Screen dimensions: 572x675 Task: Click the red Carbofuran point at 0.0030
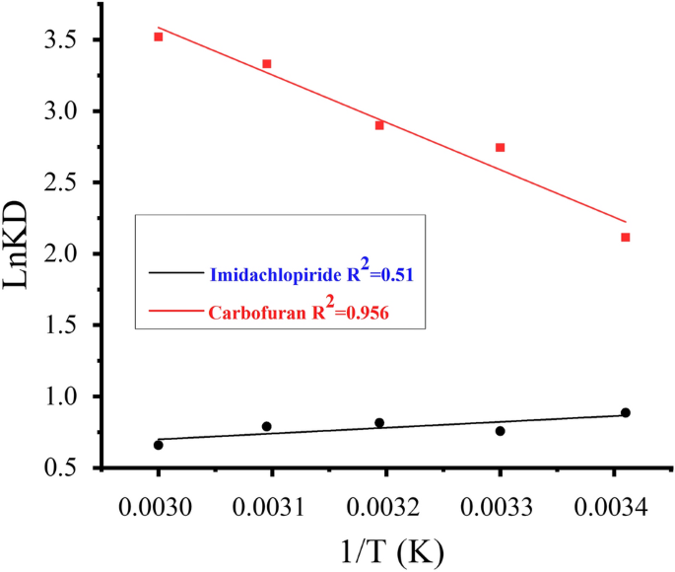coord(158,36)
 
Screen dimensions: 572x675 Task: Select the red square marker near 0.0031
coord(266,64)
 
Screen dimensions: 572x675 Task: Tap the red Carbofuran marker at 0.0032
coord(379,125)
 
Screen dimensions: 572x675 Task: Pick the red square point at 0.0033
coord(500,148)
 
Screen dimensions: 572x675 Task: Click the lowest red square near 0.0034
coord(626,238)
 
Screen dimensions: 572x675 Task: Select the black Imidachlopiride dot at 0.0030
coord(158,445)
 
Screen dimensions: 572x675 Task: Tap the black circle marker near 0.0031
coord(266,426)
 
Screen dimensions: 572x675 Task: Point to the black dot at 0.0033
coord(500,431)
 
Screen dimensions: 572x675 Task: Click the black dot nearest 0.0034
coord(626,412)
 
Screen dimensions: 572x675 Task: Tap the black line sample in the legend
coord(174,271)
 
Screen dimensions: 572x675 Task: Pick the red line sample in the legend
coord(174,312)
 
